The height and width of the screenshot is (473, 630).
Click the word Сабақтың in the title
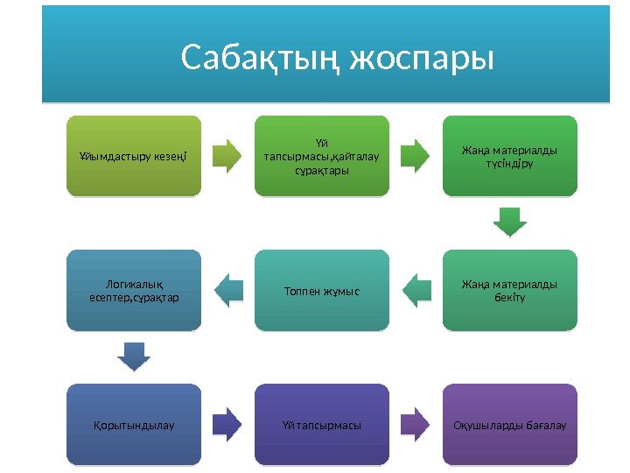261,60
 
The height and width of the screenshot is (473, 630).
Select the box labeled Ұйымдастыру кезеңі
134,156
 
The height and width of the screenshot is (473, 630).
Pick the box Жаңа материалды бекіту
509,290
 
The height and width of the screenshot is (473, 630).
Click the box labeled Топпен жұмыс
322,290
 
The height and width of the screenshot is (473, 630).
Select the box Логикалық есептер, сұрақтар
134,290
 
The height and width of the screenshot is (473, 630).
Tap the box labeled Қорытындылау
134,425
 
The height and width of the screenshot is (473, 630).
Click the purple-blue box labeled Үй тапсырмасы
322,425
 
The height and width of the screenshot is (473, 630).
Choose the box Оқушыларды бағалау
509,425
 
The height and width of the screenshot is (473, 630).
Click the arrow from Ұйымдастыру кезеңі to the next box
228,155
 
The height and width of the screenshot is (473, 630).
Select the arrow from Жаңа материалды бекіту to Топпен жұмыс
416,290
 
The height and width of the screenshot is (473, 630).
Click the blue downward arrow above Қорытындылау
134,357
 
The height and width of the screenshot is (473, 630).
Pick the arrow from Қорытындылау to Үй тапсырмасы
228,424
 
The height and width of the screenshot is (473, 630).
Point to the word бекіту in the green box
509,299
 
